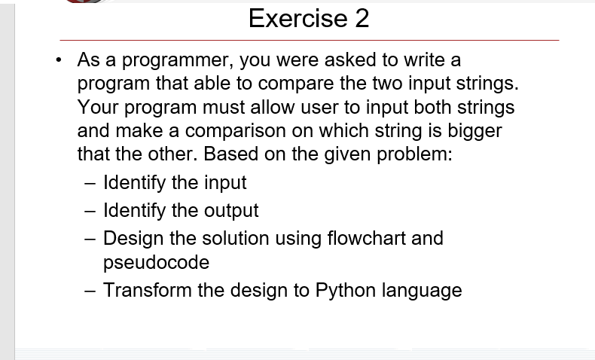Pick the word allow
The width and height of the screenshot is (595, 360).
pyautogui.click(x=270, y=107)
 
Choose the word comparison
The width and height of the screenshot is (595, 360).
pyautogui.click(x=233, y=130)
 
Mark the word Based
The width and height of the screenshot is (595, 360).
pyautogui.click(x=228, y=154)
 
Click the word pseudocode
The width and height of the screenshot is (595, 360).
pyautogui.click(x=156, y=262)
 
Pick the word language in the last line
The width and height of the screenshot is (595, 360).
pyautogui.click(x=422, y=290)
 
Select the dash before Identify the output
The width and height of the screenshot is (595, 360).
pyautogui.click(x=90, y=211)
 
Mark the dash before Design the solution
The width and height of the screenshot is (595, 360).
pyautogui.click(x=90, y=239)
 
